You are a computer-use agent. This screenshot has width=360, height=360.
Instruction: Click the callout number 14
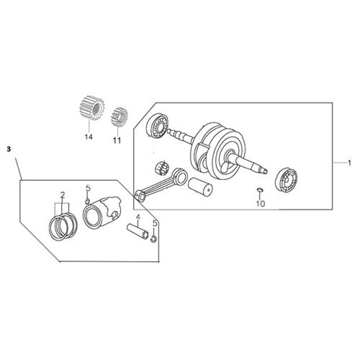pyautogui.click(x=89, y=137)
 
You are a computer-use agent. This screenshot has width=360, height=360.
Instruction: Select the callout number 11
pyautogui.click(x=117, y=140)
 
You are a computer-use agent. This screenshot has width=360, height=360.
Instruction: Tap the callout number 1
pyautogui.click(x=349, y=163)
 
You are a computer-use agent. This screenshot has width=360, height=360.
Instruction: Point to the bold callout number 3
pyautogui.click(x=9, y=149)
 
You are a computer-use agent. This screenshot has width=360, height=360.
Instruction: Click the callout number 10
pyautogui.click(x=261, y=204)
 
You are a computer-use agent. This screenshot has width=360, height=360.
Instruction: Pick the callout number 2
pyautogui.click(x=63, y=195)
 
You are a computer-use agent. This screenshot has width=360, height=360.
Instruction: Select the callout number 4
pyautogui.click(x=138, y=217)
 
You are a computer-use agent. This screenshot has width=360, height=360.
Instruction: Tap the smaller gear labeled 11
pyautogui.click(x=120, y=116)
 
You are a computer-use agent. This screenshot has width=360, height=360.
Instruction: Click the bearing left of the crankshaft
pyautogui.click(x=158, y=125)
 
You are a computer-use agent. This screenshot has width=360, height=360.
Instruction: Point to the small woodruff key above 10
pyautogui.click(x=259, y=189)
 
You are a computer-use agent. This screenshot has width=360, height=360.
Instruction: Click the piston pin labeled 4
pyautogui.click(x=138, y=231)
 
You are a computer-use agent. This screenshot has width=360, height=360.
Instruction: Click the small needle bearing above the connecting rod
pyautogui.click(x=162, y=167)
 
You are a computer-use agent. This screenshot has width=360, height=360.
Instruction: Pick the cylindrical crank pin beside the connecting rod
pyautogui.click(x=200, y=187)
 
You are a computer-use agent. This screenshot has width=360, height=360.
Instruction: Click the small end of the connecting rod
pyautogui.click(x=140, y=195)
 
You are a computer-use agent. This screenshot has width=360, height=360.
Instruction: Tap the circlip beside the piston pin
pyautogui.click(x=153, y=238)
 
